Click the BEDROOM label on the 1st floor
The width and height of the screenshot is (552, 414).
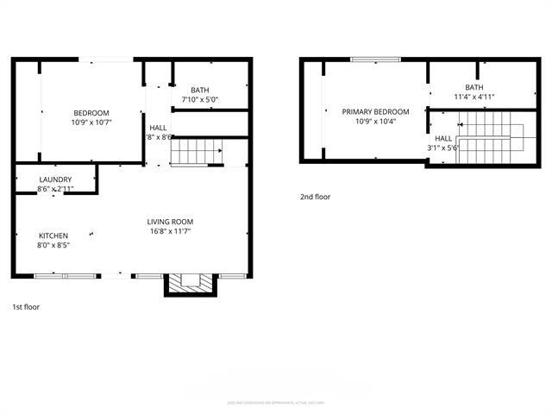[91, 114]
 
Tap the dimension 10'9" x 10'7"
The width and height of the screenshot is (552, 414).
[91, 123]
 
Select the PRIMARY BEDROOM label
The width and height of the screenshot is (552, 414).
[375, 112]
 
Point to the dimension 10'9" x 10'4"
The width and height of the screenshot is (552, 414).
[375, 122]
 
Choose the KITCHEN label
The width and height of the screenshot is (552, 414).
[53, 235]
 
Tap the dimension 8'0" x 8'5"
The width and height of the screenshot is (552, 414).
[53, 245]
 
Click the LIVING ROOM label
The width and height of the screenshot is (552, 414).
[170, 222]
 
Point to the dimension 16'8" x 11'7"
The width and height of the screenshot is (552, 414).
[170, 231]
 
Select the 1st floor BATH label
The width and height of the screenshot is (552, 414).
[200, 90]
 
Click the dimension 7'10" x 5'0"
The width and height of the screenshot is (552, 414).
[200, 99]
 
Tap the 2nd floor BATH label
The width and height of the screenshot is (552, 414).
[474, 87]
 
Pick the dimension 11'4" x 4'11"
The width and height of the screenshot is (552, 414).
[474, 97]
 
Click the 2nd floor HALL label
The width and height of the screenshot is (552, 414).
[443, 138]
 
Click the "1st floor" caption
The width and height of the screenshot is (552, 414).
[26, 307]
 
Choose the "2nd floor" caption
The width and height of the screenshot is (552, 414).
[315, 198]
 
